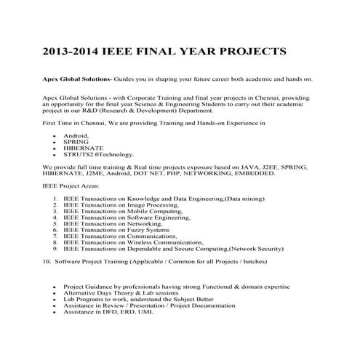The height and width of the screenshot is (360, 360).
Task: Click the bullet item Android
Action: (x=77, y=136)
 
